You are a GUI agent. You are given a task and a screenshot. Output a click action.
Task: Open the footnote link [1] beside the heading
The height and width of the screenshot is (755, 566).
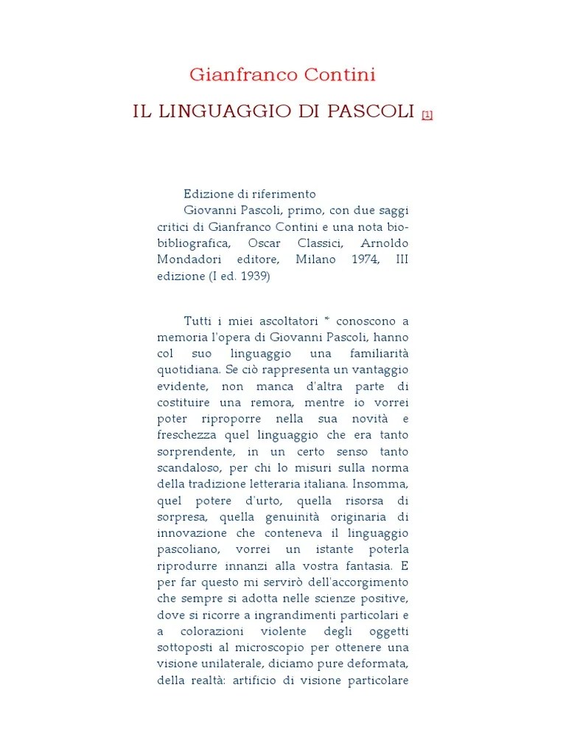click(x=427, y=115)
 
